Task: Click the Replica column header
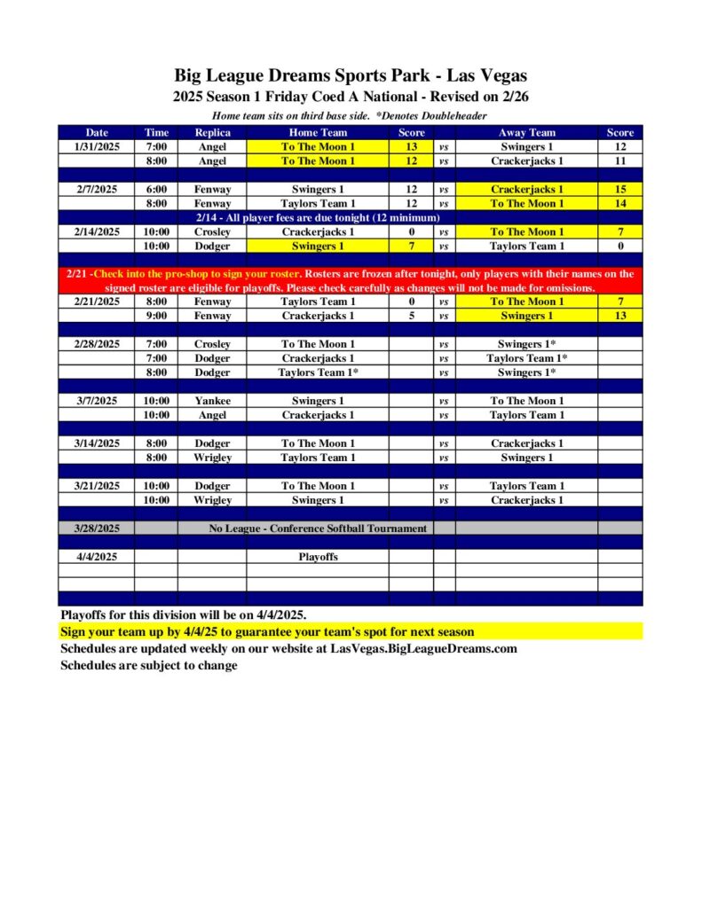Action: pos(212,132)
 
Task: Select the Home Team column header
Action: pos(318,132)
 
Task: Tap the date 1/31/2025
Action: pos(97,146)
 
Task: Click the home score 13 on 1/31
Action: pos(411,146)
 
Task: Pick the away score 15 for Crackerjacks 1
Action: pos(619,189)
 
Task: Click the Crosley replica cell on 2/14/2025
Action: pos(212,231)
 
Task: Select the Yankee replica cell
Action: pos(212,401)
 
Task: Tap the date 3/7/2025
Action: pos(97,401)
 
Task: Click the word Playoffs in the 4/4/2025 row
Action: pos(318,557)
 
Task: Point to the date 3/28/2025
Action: pos(97,528)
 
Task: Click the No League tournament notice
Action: pos(318,528)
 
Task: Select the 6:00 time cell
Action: pos(156,189)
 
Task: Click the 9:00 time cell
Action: pos(156,316)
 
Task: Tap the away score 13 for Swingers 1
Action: pos(619,316)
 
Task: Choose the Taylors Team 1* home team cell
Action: pos(318,372)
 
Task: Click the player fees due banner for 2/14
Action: pos(318,217)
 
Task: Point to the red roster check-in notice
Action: pos(351,281)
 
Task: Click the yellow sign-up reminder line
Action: pos(267,631)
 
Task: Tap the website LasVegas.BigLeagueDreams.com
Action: pos(423,648)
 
